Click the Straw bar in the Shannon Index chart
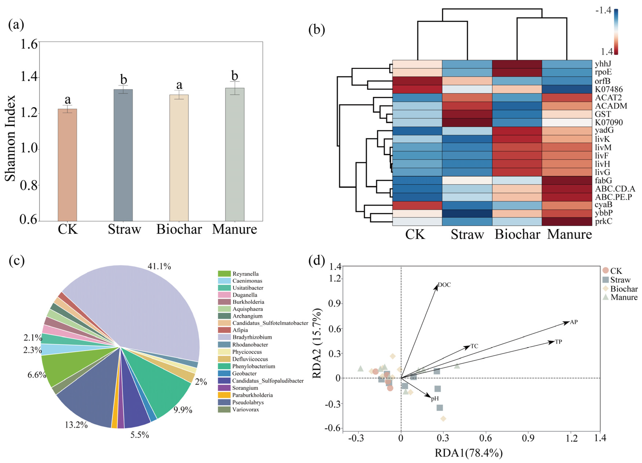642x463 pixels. [x=123, y=155]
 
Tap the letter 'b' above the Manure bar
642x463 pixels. [x=235, y=76]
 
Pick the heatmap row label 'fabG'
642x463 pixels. [x=603, y=180]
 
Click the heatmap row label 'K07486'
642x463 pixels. [x=609, y=89]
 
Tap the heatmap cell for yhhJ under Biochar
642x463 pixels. [x=517, y=64]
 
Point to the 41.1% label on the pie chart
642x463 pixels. [x=159, y=266]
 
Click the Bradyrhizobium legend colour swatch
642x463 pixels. [x=224, y=337]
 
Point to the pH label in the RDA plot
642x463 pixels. [x=435, y=399]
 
